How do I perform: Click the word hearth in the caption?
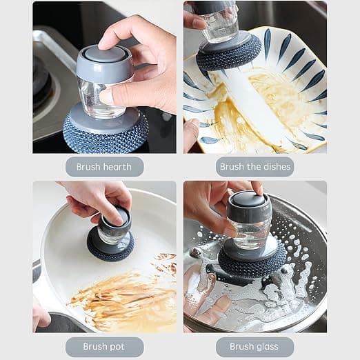click(117, 167)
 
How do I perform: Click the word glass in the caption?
click(266, 346)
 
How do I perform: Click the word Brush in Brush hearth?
click(88, 167)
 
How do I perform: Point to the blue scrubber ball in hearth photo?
click(106, 133)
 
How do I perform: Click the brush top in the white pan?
click(116, 219)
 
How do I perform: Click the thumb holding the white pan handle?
click(41, 315)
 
